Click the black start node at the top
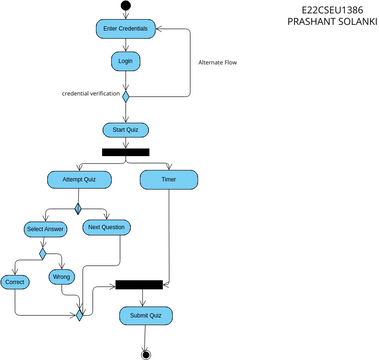click(125, 6)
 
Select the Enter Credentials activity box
click(125, 29)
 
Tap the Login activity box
click(125, 61)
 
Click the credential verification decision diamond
click(126, 96)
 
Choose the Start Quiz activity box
click(125, 129)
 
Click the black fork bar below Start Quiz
click(125, 152)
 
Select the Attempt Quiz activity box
click(78, 179)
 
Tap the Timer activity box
click(168, 179)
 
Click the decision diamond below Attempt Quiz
click(78, 209)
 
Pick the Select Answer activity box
click(44, 229)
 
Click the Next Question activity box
click(106, 227)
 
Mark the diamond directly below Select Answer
click(43, 253)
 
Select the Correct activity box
click(15, 282)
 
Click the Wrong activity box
click(63, 276)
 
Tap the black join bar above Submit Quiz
click(139, 284)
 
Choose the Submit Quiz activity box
click(147, 315)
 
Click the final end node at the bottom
click(146, 353)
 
